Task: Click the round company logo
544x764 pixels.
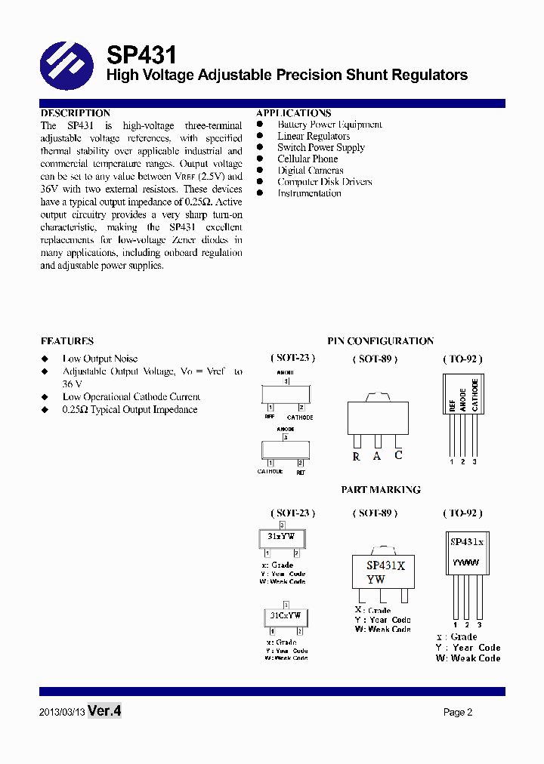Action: click(x=66, y=66)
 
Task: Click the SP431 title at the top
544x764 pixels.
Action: click(x=141, y=54)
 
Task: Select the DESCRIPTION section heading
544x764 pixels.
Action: click(x=75, y=113)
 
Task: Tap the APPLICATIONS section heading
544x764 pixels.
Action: click(x=293, y=113)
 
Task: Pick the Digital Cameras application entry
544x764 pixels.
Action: click(x=310, y=171)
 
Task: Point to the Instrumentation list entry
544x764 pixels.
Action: click(x=309, y=193)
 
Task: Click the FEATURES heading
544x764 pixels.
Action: click(x=67, y=341)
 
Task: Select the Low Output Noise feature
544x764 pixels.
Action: click(x=100, y=359)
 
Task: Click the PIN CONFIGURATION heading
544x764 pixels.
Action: click(x=380, y=341)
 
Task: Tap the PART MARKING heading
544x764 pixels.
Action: click(x=380, y=490)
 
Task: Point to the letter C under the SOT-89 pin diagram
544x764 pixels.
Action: click(x=398, y=454)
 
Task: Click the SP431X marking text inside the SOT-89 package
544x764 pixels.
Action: click(x=386, y=565)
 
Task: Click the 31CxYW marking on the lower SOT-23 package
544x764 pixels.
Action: click(x=285, y=616)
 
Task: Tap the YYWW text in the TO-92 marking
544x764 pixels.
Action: click(x=465, y=562)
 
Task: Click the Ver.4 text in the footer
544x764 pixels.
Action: click(x=104, y=711)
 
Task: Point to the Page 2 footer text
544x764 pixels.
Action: click(x=458, y=712)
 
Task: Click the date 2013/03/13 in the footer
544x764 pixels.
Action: click(x=62, y=712)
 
